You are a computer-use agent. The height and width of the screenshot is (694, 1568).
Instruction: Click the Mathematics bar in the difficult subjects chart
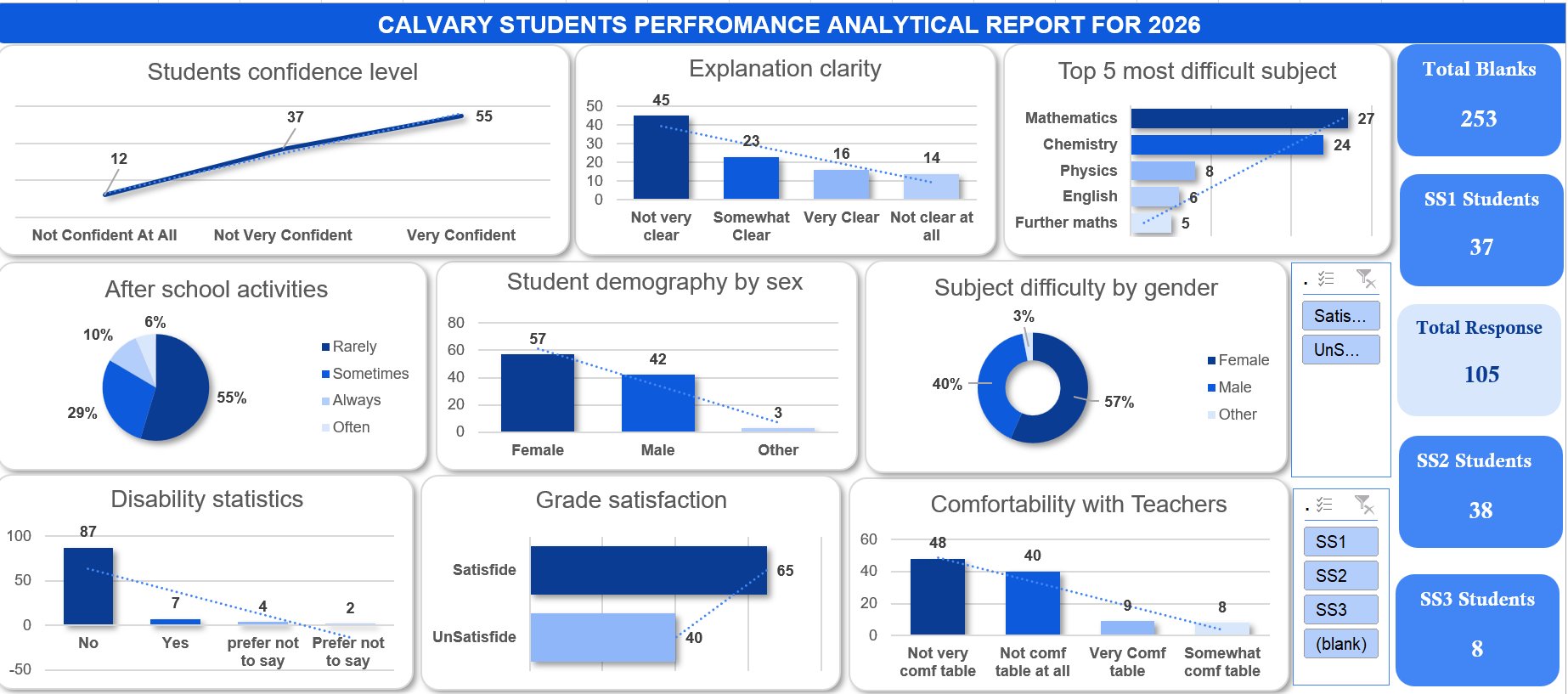pyautogui.click(x=1238, y=118)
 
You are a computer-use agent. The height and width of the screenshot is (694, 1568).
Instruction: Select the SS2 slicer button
pyautogui.click(x=1340, y=575)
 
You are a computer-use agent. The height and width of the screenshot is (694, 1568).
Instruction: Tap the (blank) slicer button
pyautogui.click(x=1340, y=644)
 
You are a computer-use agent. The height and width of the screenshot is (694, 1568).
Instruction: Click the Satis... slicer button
pyautogui.click(x=1340, y=316)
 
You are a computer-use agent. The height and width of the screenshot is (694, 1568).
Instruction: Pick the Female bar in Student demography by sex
pyautogui.click(x=537, y=392)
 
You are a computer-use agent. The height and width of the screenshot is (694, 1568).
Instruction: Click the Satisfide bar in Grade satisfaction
pyautogui.click(x=648, y=570)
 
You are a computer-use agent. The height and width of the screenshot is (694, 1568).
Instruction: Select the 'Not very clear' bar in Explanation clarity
pyautogui.click(x=661, y=157)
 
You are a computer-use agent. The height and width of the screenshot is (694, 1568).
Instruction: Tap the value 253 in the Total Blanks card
pyautogui.click(x=1478, y=119)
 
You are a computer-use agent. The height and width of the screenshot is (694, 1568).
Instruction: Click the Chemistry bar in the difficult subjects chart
pyautogui.click(x=1227, y=144)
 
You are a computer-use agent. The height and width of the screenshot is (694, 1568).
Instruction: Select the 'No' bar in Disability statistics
pyautogui.click(x=88, y=586)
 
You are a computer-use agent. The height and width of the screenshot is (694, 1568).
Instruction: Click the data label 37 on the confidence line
pyautogui.click(x=295, y=117)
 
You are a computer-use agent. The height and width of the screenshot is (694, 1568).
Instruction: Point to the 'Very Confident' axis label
pyautogui.click(x=460, y=235)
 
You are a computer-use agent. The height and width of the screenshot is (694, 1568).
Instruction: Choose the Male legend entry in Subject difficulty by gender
pyautogui.click(x=1233, y=387)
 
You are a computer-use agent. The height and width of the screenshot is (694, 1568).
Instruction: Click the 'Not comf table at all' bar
pyautogui.click(x=1032, y=603)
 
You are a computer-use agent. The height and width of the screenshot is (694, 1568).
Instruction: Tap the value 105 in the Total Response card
pyautogui.click(x=1481, y=375)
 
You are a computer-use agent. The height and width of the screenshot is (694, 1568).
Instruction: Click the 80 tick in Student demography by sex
pyautogui.click(x=456, y=323)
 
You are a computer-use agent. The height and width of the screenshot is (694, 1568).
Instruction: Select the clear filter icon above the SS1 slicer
pyautogui.click(x=1364, y=505)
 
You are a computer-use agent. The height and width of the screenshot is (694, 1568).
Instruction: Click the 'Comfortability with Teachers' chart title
pyautogui.click(x=1078, y=505)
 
